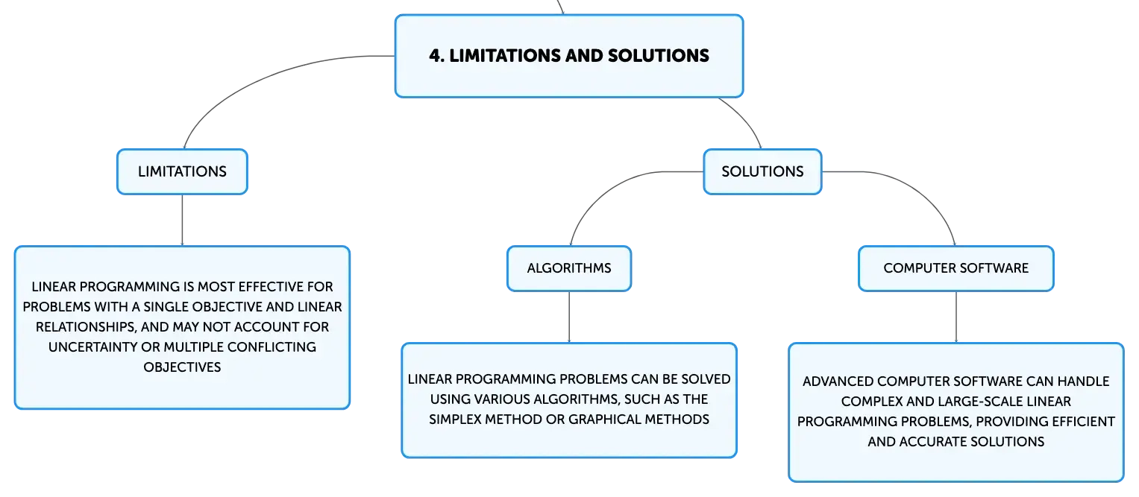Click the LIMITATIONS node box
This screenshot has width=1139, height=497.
182,172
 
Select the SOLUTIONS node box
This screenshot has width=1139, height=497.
762,172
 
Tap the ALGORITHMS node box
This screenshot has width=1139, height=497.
569,268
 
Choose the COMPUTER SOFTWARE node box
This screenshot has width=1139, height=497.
956,268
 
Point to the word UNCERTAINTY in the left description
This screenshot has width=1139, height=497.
93,347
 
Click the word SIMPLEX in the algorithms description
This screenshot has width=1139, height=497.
454,420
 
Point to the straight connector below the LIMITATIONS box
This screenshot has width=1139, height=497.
182,221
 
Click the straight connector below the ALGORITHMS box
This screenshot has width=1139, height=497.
569,317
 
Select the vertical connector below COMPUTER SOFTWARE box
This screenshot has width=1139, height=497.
956,317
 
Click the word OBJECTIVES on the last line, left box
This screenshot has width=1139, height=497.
182,367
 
